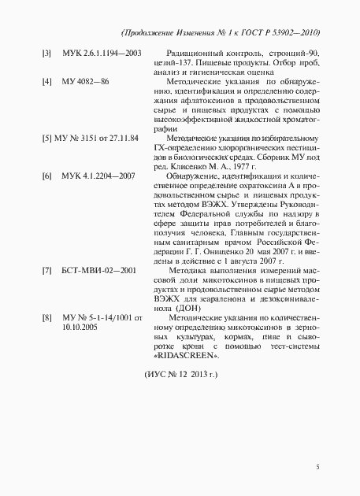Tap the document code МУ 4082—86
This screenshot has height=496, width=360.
click(86, 82)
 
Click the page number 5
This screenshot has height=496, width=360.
click(317, 468)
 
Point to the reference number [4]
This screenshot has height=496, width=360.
click(46, 82)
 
